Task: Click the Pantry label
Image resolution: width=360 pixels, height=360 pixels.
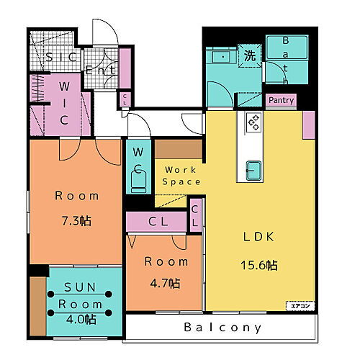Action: pos(281,100)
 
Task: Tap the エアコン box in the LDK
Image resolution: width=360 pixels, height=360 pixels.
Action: pos(300,306)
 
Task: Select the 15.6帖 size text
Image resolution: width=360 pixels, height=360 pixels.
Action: pos(259,265)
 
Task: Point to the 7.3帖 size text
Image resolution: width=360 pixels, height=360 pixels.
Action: pos(76,221)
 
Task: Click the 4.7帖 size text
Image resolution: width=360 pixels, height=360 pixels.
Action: pos(165,283)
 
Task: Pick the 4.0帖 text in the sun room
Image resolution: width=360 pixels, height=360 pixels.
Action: pos(81,320)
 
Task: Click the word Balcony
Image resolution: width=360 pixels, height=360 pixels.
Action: pos(222,328)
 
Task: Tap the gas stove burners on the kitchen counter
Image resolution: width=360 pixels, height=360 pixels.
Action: pos(254,122)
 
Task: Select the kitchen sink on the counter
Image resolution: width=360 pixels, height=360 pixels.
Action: pos(253,171)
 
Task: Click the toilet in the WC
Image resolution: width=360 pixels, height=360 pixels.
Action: pos(138,182)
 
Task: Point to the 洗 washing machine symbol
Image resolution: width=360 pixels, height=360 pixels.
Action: pos(250,56)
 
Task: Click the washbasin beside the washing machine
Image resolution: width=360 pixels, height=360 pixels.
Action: pos(221,57)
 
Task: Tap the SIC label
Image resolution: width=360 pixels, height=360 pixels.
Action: pos(61,57)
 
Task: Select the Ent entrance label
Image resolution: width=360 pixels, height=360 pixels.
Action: pos(100,70)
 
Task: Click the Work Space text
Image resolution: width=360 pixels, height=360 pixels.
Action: pos(181,176)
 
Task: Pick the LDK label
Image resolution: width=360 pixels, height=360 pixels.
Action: pos(259,237)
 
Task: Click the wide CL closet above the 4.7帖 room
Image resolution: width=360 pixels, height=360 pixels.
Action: pos(156,222)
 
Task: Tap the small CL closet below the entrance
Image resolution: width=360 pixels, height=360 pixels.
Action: pos(125,99)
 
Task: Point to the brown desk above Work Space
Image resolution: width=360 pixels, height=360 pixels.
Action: pos(179,149)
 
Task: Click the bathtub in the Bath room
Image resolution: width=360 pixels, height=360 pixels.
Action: pos(287,48)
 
